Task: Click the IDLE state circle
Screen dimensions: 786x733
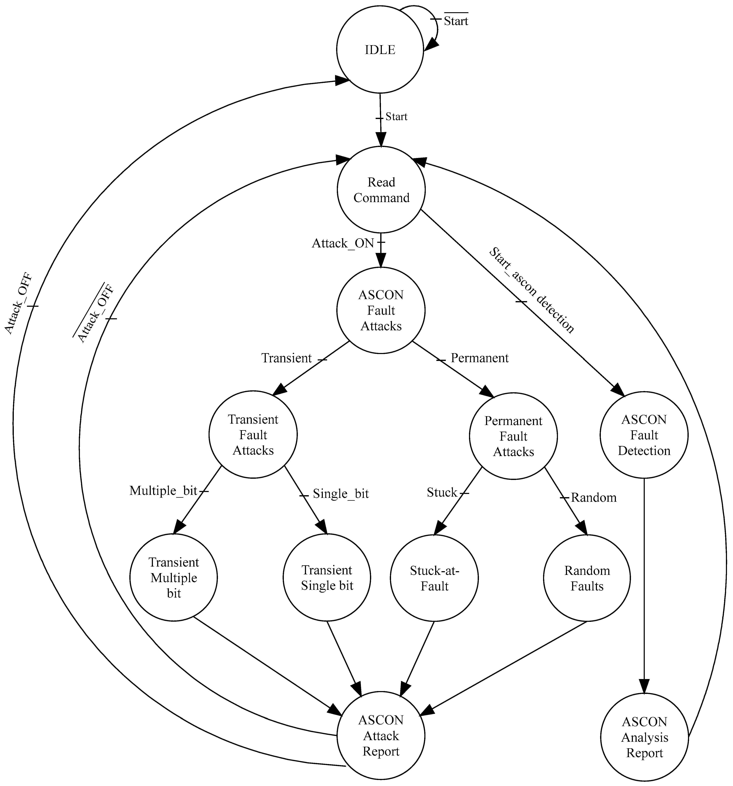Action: pos(380,50)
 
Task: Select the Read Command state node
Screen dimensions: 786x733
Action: pos(381,190)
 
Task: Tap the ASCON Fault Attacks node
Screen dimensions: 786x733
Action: pos(381,310)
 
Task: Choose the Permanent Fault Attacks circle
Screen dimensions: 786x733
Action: pos(513,436)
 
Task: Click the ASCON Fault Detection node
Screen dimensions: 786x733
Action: pos(644,435)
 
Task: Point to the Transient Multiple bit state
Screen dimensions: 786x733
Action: pos(174,578)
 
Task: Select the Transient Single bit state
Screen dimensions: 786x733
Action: pos(327,578)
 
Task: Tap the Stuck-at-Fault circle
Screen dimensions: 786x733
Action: pos(434,578)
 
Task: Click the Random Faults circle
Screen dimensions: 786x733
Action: pos(587,578)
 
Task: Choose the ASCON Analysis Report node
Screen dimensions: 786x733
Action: pos(644,737)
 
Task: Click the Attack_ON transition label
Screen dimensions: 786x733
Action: pos(342,243)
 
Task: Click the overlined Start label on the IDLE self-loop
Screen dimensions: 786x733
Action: pos(456,21)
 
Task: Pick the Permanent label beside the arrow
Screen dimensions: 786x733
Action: pos(479,358)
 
